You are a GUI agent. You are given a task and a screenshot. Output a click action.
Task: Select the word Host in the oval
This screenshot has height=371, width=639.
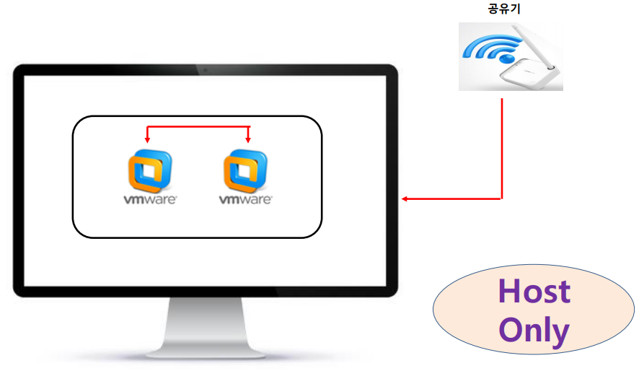point(534,292)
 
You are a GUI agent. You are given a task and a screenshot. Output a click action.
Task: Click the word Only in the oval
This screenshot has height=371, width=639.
point(534,331)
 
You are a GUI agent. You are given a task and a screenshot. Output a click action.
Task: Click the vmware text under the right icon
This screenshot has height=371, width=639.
point(246,199)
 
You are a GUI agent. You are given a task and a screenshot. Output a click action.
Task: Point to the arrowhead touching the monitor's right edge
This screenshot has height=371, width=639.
point(405,198)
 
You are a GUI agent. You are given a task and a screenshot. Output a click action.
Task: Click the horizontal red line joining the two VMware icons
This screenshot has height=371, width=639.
point(198,127)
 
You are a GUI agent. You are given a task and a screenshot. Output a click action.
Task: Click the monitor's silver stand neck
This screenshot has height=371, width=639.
point(205,318)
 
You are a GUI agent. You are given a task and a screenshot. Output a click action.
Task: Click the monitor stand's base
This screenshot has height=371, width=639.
point(205,352)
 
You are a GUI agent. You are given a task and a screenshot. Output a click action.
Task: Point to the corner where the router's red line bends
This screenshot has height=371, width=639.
point(501,198)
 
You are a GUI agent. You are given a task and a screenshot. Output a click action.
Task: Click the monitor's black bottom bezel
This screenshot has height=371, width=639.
point(205,291)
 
